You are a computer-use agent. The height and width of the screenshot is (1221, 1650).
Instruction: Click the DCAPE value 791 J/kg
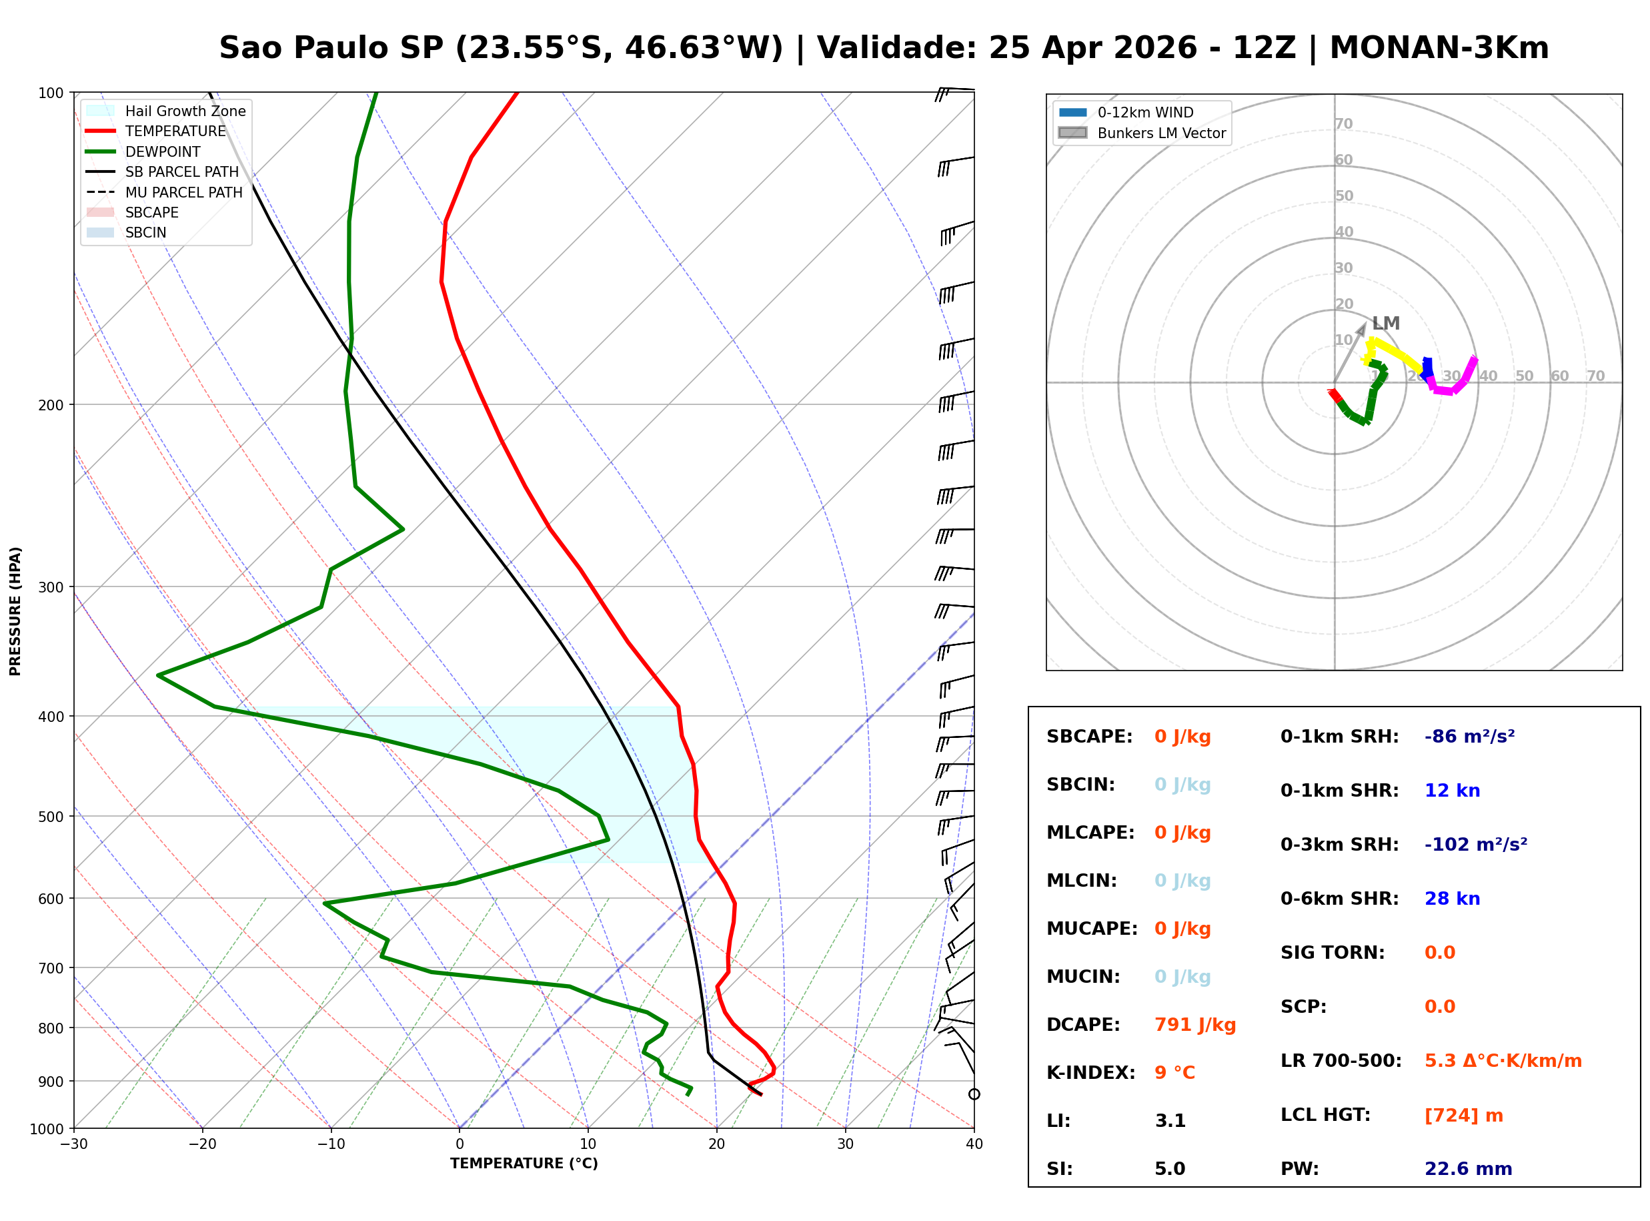pos(1194,1024)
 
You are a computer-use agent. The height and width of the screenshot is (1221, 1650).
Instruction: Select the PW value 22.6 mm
pos(1467,1168)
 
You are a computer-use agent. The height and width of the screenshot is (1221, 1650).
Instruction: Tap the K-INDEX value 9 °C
pos(1174,1072)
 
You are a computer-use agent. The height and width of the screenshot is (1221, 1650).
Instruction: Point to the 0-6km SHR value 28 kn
pos(1452,898)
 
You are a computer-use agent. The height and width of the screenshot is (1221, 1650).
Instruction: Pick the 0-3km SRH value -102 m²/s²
pos(1475,844)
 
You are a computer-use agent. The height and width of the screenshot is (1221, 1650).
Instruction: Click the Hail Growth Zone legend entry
pos(185,111)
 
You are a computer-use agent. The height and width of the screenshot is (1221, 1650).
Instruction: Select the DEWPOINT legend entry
pos(163,151)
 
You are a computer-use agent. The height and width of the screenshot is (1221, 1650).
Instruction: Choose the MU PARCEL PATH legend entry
pos(183,192)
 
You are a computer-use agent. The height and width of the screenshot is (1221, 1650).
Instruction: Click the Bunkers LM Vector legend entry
pos(1161,133)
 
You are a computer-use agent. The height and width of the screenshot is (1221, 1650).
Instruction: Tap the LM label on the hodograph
pos(1386,323)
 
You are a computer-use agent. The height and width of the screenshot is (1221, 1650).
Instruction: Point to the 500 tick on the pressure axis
pos(50,817)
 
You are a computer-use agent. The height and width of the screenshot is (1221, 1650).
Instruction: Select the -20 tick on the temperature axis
pos(201,1144)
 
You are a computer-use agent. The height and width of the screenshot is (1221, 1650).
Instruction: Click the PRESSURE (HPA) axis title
pos(15,610)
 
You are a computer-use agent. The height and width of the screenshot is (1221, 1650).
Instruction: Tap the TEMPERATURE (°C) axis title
pos(524,1164)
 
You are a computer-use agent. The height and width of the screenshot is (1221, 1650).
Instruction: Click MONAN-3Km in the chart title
pos(1439,48)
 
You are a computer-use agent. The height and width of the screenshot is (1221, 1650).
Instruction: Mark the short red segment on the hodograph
pos(1335,396)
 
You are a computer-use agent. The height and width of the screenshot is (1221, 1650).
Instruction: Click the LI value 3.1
pos(1170,1120)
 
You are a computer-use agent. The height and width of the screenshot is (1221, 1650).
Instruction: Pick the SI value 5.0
pos(1170,1168)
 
